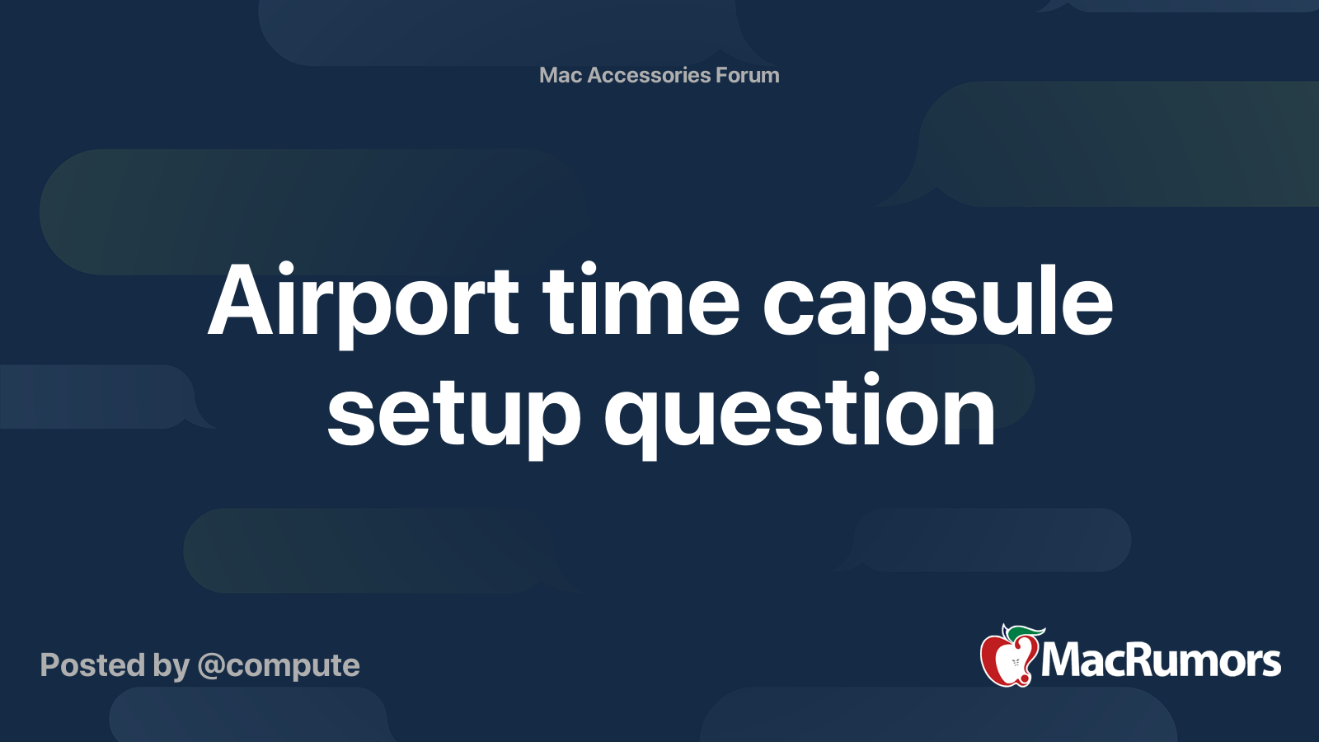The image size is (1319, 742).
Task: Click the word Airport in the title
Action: (364, 302)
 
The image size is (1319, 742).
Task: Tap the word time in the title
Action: (641, 302)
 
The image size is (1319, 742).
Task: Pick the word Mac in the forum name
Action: (561, 75)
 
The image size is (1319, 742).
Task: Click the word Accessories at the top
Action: (649, 75)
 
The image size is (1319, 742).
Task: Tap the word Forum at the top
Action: (747, 75)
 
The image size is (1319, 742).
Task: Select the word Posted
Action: (92, 665)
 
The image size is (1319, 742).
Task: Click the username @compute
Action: (279, 666)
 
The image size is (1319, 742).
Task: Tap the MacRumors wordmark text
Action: (1161, 660)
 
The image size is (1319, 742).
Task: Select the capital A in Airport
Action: (240, 302)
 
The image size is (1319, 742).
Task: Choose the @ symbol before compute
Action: (211, 666)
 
